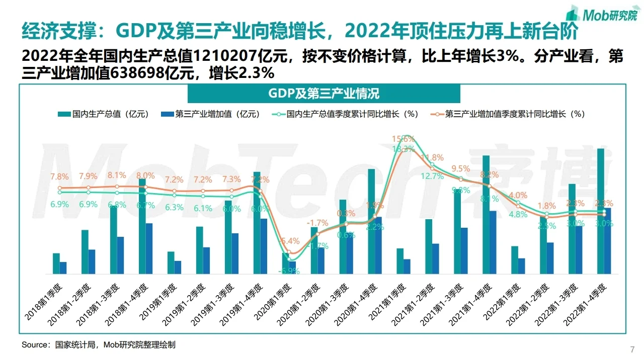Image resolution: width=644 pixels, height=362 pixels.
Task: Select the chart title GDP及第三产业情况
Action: (324, 94)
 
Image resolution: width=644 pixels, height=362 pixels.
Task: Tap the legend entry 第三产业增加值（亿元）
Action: (211, 114)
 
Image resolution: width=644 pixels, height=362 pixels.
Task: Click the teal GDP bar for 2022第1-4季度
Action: (600, 211)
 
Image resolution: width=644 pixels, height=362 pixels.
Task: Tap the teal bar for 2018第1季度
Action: (56, 263)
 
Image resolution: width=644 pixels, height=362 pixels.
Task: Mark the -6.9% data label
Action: (288, 271)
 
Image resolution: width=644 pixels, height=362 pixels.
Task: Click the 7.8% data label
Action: (59, 177)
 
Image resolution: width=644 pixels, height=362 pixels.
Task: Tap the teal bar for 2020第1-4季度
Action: (371, 221)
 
